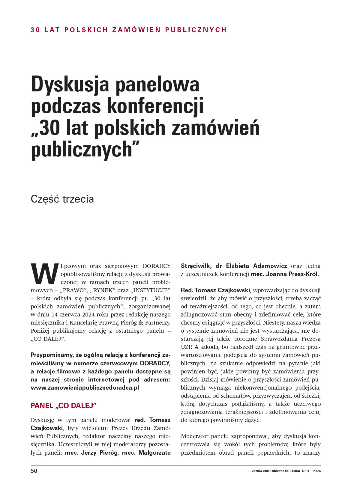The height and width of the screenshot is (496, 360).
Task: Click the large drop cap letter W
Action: (44, 274)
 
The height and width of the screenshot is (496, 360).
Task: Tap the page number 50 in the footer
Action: (34, 471)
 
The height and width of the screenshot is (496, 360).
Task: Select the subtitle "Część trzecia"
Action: (62, 199)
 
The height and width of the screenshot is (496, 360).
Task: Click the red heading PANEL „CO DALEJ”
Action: (64, 405)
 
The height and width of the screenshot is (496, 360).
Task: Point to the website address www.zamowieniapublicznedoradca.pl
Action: (85, 388)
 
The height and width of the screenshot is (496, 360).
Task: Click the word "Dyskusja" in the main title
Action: (70, 85)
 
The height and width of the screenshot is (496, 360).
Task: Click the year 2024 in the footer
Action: (316, 471)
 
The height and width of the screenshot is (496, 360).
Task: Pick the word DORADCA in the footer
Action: (292, 471)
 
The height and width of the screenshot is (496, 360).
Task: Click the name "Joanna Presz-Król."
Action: (292, 274)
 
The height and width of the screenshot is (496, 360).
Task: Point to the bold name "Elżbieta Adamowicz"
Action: (256, 266)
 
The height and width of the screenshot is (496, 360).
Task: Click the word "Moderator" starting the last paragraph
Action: (194, 436)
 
